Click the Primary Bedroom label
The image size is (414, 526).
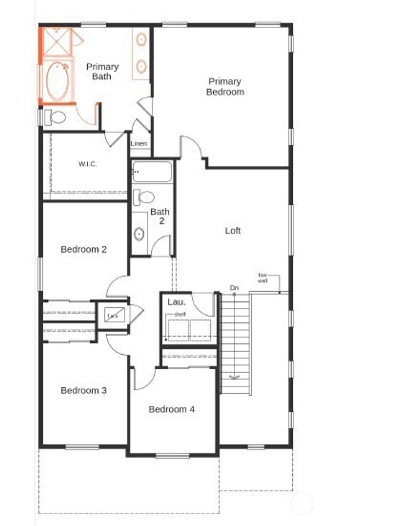click(x=225, y=87)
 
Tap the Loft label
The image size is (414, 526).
click(x=233, y=231)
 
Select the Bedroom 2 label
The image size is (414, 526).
click(x=84, y=249)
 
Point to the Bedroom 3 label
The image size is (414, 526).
click(x=84, y=390)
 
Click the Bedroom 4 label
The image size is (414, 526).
click(x=171, y=409)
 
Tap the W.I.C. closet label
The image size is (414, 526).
click(x=87, y=164)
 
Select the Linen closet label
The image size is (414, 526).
click(x=139, y=144)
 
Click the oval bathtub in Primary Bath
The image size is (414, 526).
click(x=57, y=80)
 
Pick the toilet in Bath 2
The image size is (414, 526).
click(x=144, y=197)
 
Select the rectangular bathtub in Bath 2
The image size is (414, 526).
click(x=152, y=171)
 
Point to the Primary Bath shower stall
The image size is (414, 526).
click(x=57, y=41)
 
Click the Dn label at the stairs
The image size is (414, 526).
click(x=234, y=288)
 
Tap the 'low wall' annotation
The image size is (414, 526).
click(x=263, y=278)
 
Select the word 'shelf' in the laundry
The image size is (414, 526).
click(x=180, y=314)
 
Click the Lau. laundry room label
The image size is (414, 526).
click(x=177, y=302)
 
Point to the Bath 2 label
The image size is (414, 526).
click(x=160, y=216)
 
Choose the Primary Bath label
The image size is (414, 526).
click(x=102, y=72)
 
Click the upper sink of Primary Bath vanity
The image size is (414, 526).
click(x=141, y=40)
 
